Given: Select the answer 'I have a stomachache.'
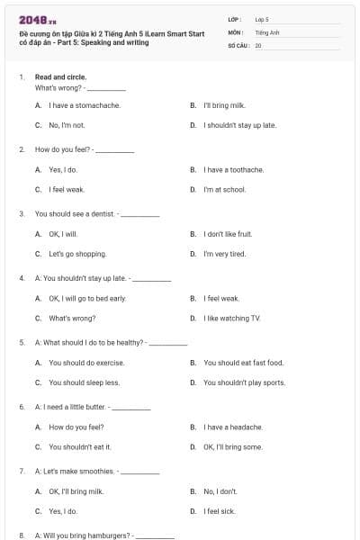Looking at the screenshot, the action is point(84,105).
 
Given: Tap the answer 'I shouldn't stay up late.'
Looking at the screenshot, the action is point(239,125).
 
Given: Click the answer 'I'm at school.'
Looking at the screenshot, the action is point(224,190).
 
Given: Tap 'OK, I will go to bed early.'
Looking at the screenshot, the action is point(87,298).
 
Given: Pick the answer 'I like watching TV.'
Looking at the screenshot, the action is point(231,318).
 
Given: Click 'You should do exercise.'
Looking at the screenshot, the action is point(87,363).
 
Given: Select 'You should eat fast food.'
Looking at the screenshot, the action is point(243,363).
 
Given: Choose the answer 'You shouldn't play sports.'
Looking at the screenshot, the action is point(244,382).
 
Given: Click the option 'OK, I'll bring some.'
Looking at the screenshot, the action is point(233,446).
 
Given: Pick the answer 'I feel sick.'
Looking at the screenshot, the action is point(220,511).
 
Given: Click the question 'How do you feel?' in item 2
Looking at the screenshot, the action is point(64,149).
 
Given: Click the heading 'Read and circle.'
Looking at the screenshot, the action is point(62,77).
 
